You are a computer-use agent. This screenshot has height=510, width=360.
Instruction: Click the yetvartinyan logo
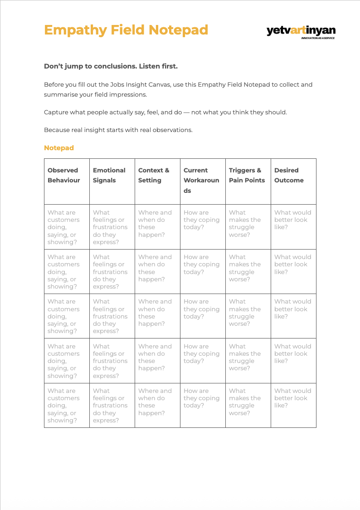coord(301,30)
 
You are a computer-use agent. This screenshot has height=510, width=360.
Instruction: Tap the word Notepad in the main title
coord(178,30)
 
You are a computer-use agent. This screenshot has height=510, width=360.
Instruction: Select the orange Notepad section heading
coord(59,148)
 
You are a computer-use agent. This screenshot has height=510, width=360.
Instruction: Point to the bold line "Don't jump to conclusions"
coord(111,66)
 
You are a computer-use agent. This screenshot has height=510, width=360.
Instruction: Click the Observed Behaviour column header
coord(63,175)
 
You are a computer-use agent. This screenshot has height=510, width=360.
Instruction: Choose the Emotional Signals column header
coord(109,175)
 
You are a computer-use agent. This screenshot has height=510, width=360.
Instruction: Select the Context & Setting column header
coord(154,175)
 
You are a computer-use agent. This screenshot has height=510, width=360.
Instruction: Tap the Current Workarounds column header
coord(201,180)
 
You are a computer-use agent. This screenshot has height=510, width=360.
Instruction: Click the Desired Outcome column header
coord(289,175)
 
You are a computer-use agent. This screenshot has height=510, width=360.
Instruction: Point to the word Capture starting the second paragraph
coord(56,112)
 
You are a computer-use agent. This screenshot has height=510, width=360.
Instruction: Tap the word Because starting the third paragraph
coord(57,130)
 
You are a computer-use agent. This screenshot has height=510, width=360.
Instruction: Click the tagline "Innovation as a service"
coord(318,38)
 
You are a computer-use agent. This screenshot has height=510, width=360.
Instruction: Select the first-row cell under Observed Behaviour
coord(67,227)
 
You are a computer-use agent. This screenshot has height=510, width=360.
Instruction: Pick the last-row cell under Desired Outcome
coord(293,405)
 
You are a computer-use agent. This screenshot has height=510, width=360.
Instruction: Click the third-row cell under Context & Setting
coord(157,316)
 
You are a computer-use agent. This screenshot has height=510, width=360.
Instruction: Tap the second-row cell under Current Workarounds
coord(203,271)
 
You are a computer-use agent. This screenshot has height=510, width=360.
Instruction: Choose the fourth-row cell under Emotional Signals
coord(112,361)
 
